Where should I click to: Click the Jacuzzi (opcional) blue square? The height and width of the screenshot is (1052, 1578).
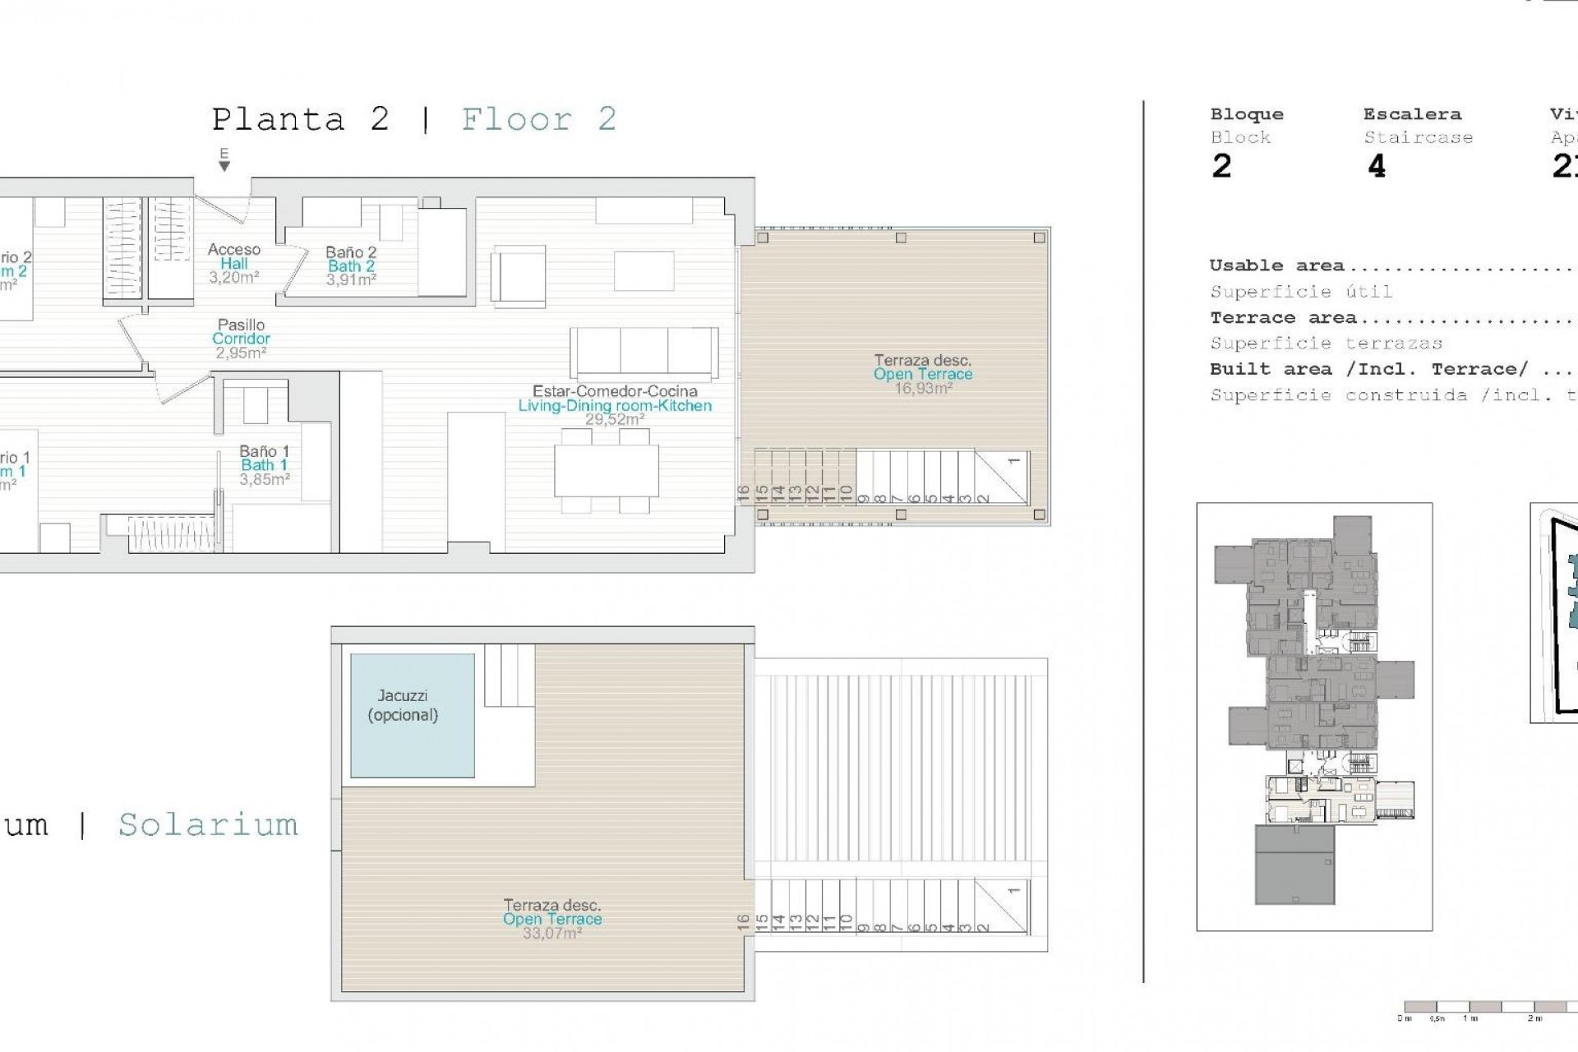[x=412, y=715]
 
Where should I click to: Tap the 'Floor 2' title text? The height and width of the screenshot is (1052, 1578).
[x=538, y=120]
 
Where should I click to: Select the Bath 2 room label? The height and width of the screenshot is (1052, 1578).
[x=351, y=266]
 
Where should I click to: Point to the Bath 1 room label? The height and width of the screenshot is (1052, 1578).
[x=264, y=465]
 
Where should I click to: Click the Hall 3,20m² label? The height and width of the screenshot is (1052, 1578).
[x=234, y=264]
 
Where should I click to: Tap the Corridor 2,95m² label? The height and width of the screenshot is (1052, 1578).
[x=241, y=339]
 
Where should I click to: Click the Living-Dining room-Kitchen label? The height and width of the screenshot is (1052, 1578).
[x=615, y=405]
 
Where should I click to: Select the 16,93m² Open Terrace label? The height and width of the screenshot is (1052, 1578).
[x=923, y=374]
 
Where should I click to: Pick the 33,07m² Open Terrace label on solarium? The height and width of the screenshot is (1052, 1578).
[x=552, y=919]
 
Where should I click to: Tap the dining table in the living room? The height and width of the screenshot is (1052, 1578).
[x=607, y=470]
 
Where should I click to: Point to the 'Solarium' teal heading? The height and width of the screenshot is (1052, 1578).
[x=208, y=824]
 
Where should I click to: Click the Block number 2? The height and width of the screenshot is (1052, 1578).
[x=1221, y=167]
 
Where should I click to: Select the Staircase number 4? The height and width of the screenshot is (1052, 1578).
[x=1377, y=167]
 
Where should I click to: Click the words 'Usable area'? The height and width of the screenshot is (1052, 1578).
[x=1276, y=265]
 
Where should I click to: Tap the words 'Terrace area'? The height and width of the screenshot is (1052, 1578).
[x=1282, y=317]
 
